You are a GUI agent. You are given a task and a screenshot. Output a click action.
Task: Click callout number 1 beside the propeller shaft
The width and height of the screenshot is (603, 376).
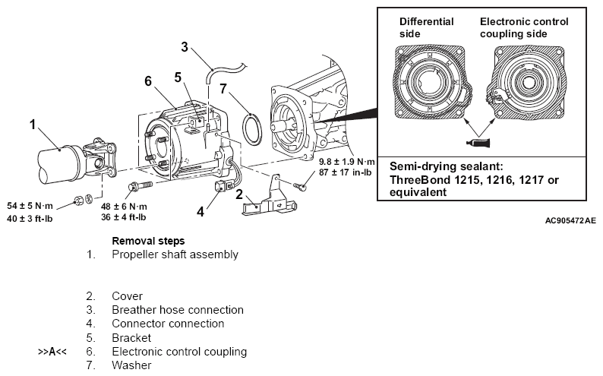(33, 125)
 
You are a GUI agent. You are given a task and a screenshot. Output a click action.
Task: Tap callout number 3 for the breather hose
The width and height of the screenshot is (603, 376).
(185, 47)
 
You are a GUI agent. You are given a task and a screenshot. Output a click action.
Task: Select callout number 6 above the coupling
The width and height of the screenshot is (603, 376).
(148, 81)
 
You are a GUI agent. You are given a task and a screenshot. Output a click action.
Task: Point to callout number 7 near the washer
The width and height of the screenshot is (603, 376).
(223, 89)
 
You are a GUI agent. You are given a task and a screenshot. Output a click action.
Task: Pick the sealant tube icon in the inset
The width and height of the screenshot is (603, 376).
(478, 143)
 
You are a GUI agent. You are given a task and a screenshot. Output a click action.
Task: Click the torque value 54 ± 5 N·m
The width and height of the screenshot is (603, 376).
(30, 206)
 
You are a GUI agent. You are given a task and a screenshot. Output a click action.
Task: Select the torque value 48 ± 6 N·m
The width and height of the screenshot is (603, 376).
(124, 207)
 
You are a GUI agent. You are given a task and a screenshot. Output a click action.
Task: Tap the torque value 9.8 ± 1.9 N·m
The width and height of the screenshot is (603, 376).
(347, 162)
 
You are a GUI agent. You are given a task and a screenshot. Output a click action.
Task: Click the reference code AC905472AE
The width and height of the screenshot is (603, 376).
(570, 220)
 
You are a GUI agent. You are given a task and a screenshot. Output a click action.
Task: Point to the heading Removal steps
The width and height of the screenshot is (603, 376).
(148, 241)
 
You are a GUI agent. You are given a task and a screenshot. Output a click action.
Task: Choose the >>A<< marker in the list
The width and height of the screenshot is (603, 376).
(52, 352)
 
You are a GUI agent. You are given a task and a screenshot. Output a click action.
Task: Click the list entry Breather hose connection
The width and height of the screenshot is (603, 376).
(178, 310)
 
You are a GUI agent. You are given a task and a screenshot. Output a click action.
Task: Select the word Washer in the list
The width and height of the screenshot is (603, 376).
(131, 365)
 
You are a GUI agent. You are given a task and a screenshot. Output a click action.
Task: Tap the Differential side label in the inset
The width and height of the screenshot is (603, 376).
(427, 27)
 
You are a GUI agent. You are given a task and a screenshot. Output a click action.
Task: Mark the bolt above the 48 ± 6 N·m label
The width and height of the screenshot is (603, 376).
(140, 186)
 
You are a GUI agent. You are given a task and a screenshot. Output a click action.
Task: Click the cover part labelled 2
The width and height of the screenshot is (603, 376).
(270, 199)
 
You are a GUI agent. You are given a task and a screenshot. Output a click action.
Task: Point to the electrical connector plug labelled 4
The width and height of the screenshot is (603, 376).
(222, 186)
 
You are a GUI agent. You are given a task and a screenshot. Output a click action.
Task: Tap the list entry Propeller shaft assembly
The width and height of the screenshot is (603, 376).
(175, 255)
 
